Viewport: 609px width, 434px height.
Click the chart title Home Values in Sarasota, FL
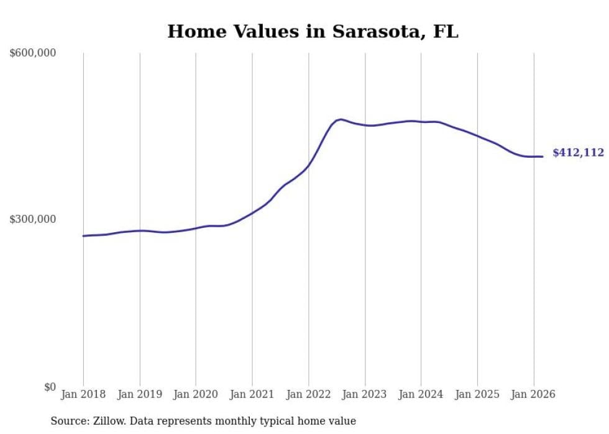click(x=313, y=32)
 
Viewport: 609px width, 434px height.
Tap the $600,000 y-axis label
click(x=33, y=53)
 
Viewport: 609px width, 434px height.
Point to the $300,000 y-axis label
click(x=33, y=219)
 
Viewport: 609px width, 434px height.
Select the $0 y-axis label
click(x=49, y=387)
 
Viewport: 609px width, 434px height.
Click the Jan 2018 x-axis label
click(x=83, y=394)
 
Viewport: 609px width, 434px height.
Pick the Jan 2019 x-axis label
click(x=139, y=394)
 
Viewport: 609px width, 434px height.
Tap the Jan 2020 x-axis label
click(x=196, y=394)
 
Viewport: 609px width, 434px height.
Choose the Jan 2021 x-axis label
click(x=252, y=394)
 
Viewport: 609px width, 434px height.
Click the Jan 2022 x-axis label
click(x=308, y=394)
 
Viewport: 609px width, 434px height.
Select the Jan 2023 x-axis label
click(x=365, y=394)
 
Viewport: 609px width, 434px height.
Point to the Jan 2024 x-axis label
click(x=421, y=394)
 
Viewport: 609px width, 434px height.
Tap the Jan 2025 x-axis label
click(x=477, y=394)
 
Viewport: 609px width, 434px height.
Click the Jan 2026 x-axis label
click(x=533, y=394)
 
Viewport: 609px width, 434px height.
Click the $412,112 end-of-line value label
click(x=578, y=153)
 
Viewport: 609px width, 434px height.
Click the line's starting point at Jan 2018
click(x=83, y=236)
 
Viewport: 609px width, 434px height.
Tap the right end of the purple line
click(x=543, y=156)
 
